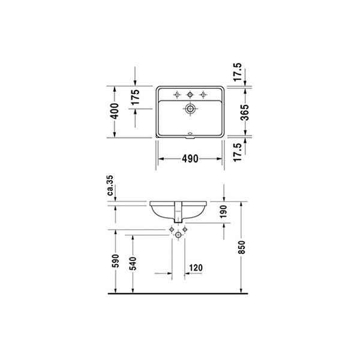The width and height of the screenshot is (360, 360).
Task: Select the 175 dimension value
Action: [x=135, y=97]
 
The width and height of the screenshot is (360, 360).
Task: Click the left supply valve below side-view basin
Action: [x=173, y=231]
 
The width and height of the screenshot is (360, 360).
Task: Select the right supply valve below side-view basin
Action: [x=185, y=231]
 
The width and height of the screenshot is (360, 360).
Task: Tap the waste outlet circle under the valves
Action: [x=179, y=237]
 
